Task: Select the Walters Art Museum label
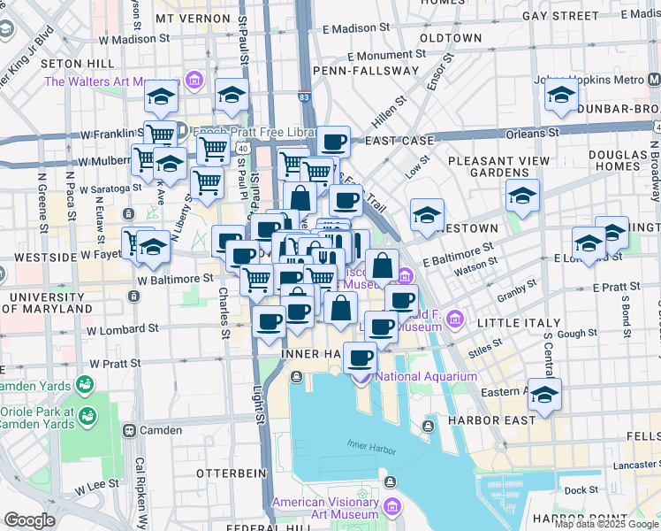coord(112,82)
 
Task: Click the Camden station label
coord(161,430)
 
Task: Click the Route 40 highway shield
coord(242,148)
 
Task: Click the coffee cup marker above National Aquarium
coord(360,358)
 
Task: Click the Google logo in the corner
coord(29,520)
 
